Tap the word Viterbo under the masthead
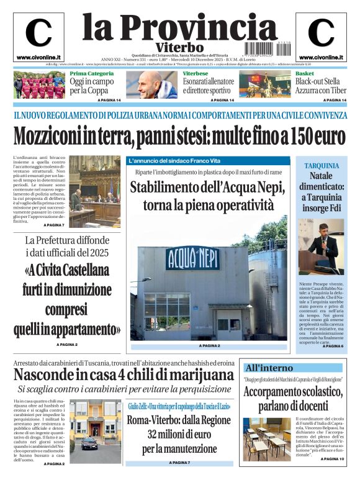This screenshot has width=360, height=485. pos(179,47)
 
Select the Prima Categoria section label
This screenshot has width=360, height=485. pos(91,74)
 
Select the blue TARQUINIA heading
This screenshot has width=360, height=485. pos(322,166)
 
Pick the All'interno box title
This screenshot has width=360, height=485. pos(269,367)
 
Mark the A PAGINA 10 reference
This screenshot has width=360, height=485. pos(333,476)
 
